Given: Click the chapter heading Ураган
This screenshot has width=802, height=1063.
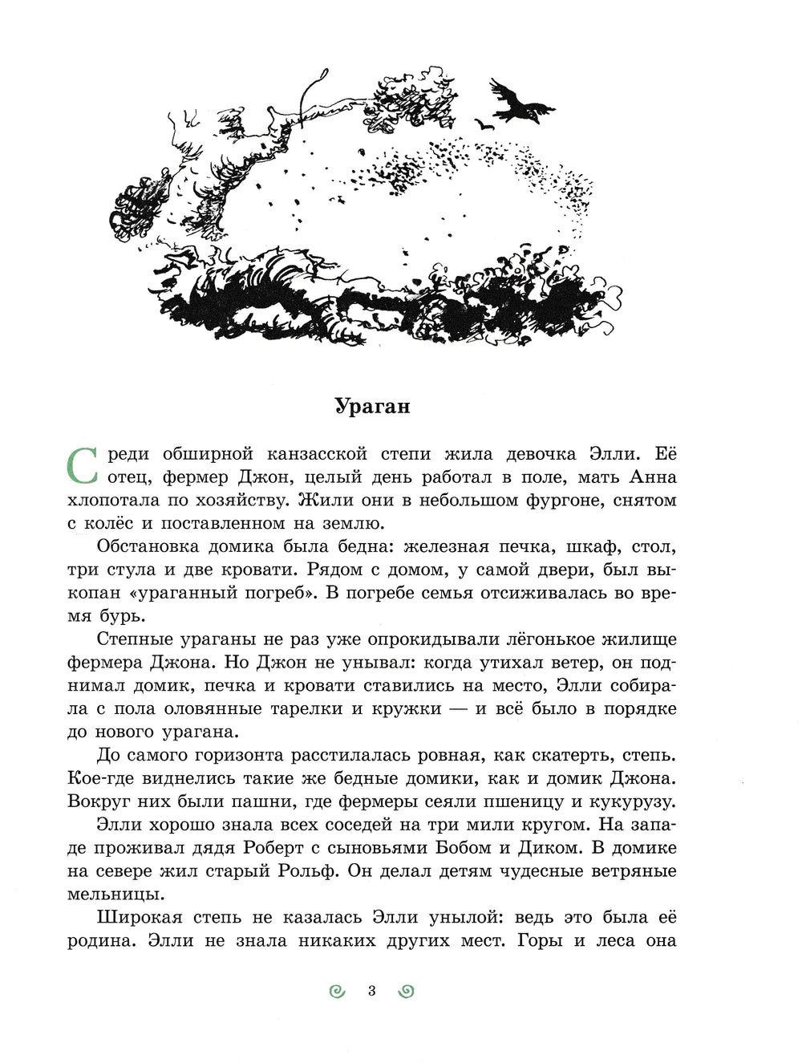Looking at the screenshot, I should tap(371, 406).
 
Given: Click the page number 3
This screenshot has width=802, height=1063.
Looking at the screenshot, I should tap(371, 991).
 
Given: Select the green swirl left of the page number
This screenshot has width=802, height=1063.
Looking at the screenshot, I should tap(338, 992).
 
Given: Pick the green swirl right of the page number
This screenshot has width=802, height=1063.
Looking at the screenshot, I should tap(406, 992).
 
